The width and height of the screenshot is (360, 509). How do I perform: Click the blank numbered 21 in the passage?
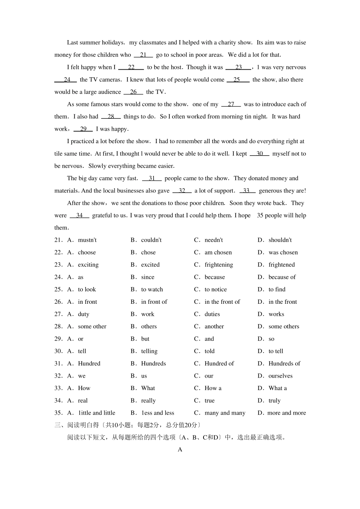(x=143, y=55)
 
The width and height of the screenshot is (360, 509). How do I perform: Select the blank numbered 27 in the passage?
(x=231, y=104)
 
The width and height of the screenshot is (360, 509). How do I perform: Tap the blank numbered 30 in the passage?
(x=260, y=154)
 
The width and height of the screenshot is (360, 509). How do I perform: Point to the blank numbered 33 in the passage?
(x=247, y=191)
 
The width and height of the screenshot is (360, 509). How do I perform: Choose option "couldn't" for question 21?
(x=151, y=240)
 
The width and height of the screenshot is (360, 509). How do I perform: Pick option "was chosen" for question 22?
(x=283, y=253)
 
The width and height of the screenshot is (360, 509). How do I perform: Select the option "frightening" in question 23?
(x=219, y=265)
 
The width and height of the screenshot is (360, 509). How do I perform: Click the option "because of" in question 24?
(x=282, y=277)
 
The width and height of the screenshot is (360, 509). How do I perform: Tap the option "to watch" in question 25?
(x=152, y=290)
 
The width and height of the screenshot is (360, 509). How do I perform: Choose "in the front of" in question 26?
(x=222, y=302)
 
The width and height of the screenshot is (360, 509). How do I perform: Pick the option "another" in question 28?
(x=214, y=326)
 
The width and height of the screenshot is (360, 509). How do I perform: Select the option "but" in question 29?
(x=145, y=339)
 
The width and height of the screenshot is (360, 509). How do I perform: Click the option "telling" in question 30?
(x=149, y=351)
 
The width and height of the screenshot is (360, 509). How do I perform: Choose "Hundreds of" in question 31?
(x=284, y=364)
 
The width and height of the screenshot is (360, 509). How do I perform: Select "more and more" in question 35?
(x=286, y=413)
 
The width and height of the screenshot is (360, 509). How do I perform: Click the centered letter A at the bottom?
(x=180, y=450)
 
